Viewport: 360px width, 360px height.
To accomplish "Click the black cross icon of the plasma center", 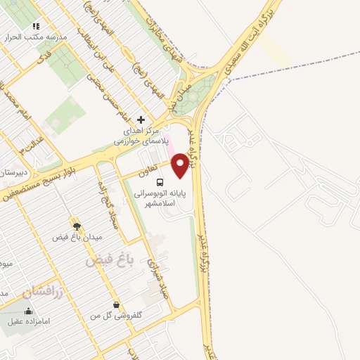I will (141, 120).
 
